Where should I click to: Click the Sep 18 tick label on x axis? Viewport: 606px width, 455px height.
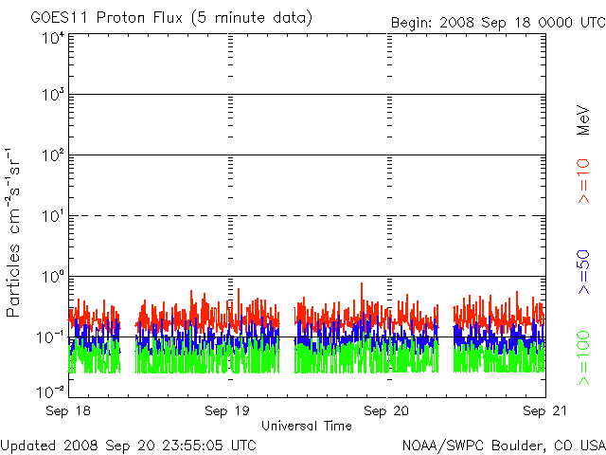68,410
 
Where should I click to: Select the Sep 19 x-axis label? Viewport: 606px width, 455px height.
227,410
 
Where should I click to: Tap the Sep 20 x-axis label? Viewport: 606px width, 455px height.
386,410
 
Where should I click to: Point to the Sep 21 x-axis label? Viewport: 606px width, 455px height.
545,410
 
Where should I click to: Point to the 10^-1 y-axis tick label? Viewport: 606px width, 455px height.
50,337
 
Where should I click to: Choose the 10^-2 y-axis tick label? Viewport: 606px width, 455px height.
50,391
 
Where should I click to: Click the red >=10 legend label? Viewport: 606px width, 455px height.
583,181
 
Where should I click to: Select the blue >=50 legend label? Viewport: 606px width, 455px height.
583,272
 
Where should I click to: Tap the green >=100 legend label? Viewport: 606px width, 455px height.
583,358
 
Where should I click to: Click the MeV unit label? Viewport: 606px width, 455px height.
583,120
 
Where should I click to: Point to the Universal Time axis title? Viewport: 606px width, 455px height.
307,426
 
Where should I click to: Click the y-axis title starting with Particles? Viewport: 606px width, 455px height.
12,232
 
